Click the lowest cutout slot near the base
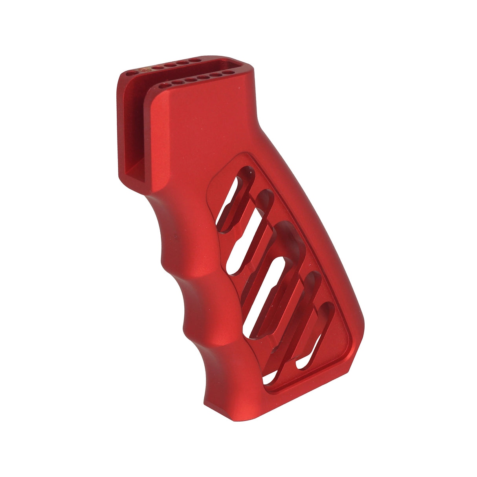pos(314,342)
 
